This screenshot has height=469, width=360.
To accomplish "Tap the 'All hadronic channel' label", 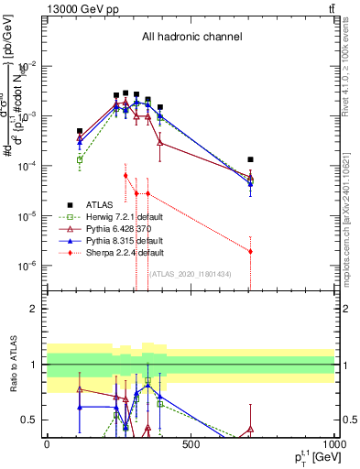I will point(191,38).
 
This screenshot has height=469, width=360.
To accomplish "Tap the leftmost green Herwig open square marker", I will point(80,160).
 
